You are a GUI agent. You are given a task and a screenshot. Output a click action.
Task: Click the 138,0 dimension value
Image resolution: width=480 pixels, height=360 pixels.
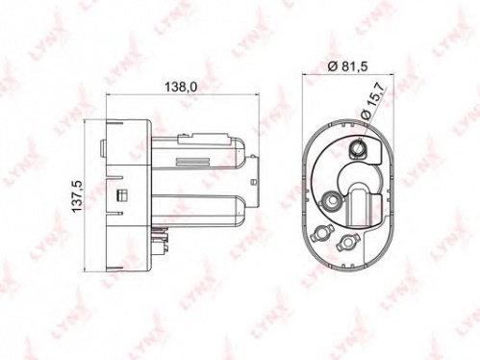181,87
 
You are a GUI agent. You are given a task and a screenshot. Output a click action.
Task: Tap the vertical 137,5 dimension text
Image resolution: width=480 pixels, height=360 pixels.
77,196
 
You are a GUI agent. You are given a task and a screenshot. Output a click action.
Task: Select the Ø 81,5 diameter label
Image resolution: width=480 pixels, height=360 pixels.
347,66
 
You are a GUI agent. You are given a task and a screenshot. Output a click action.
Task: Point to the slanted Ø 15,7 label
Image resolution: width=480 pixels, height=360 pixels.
371,100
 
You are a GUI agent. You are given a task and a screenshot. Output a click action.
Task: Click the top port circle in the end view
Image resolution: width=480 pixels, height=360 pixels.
358,148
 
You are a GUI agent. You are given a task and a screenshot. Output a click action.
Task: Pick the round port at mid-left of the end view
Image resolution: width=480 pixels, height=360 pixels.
330,200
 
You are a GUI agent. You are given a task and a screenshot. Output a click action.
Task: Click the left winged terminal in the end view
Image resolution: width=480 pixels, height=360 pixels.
320,232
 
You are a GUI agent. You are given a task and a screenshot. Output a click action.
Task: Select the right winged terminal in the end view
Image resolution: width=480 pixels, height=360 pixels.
347,243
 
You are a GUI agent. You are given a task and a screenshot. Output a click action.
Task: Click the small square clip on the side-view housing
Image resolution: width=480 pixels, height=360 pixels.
122,195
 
